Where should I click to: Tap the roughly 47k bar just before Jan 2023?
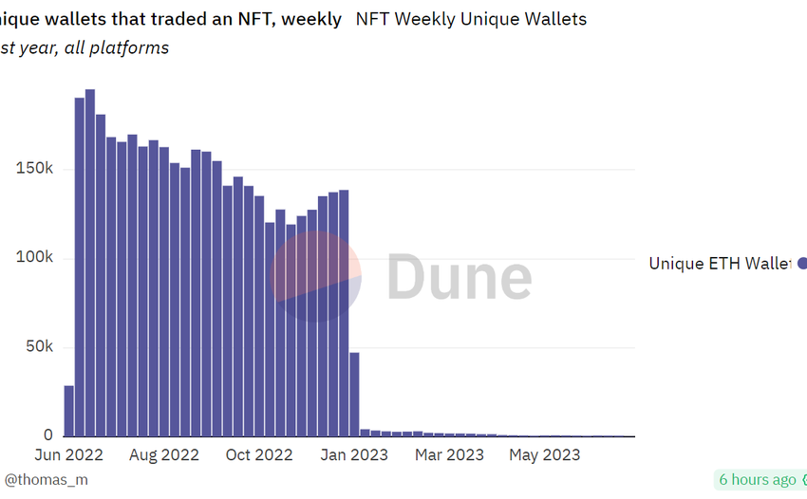pos(354,394)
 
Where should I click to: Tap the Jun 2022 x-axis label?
pos(68,455)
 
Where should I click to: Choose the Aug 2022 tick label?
pos(164,455)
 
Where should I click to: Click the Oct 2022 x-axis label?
pos(259,455)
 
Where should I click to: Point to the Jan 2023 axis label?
pos(354,455)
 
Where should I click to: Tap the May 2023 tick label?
pos(544,455)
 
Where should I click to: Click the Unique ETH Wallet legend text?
pos(719,264)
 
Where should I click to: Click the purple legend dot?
pos(802,264)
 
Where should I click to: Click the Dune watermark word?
pos(459,277)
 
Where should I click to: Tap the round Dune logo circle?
pos(315,276)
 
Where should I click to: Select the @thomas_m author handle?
pos(46,480)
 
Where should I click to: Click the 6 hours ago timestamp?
pos(757,480)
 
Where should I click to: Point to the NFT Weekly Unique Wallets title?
pos(471,19)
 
